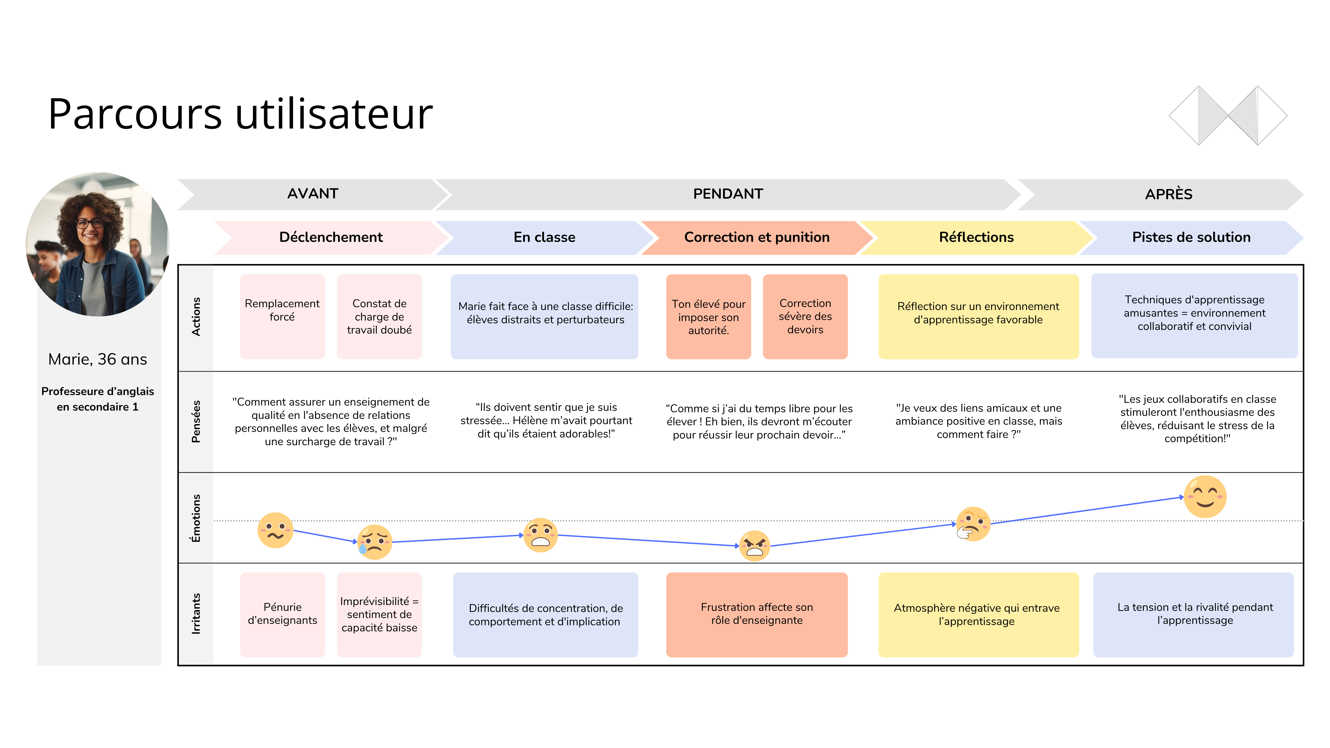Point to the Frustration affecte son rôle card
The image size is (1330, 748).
(756, 614)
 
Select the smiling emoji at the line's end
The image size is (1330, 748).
(1204, 497)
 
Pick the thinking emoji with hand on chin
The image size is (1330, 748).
(973, 524)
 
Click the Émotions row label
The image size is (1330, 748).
(196, 518)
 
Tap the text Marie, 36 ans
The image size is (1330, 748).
(98, 359)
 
